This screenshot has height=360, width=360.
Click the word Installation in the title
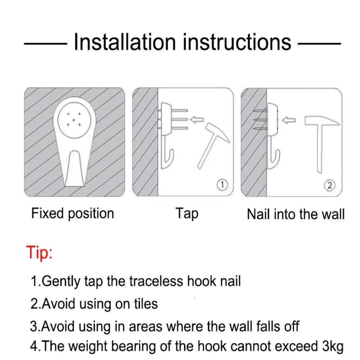click(125, 42)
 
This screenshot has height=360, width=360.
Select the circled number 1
click(222, 185)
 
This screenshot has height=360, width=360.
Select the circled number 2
click(330, 185)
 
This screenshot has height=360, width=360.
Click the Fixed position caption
click(73, 214)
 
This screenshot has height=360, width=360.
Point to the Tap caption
click(187, 213)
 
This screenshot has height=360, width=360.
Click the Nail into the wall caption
click(296, 214)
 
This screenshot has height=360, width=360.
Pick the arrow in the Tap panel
click(197, 120)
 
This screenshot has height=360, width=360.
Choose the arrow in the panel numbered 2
click(289, 120)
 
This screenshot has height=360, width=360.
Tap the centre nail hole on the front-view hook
click(74, 120)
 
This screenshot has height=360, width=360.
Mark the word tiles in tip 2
click(146, 303)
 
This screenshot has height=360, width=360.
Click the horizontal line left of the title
click(45, 43)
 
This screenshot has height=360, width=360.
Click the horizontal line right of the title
click(319, 43)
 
